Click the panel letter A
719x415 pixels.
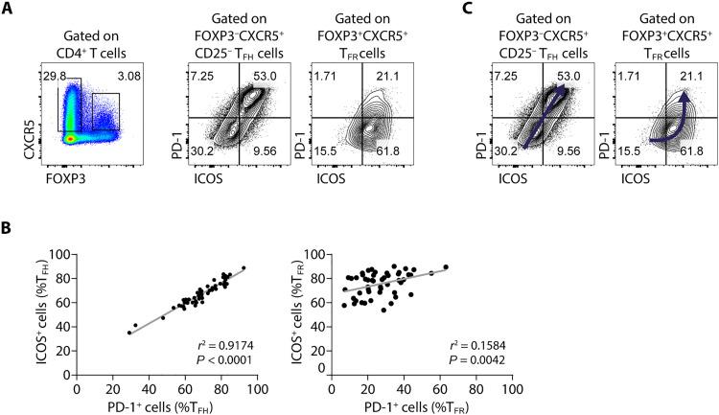point(9,9)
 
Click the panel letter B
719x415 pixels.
point(9,232)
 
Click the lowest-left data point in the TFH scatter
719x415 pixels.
point(129,333)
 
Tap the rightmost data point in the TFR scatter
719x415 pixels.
point(446,267)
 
